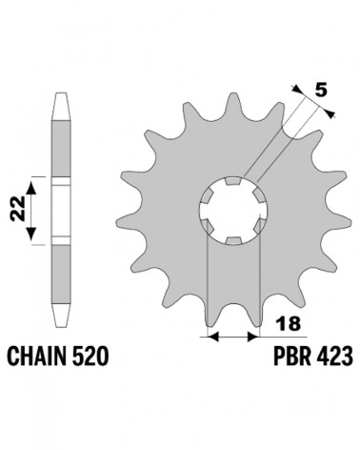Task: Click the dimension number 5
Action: [x=321, y=91]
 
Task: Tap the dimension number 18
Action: [x=289, y=324]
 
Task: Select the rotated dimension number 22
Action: [x=17, y=208]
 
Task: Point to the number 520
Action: [x=90, y=356]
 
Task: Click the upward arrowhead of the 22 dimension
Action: [x=30, y=188]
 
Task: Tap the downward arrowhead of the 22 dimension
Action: [x=30, y=234]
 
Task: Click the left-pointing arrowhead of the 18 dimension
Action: [x=212, y=337]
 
